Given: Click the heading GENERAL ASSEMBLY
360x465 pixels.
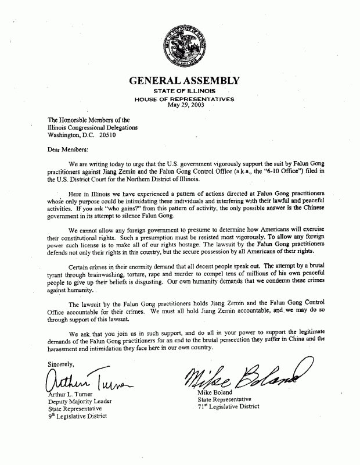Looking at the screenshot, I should coord(183,81).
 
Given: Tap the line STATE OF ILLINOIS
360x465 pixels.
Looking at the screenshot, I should coord(184,92).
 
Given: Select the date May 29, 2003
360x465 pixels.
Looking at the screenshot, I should coord(183,105).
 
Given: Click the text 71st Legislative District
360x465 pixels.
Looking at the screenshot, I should coord(233,406).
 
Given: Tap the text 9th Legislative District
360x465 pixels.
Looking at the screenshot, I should coord(81,416).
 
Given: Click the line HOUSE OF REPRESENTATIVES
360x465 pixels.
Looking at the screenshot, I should coord(184,99).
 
